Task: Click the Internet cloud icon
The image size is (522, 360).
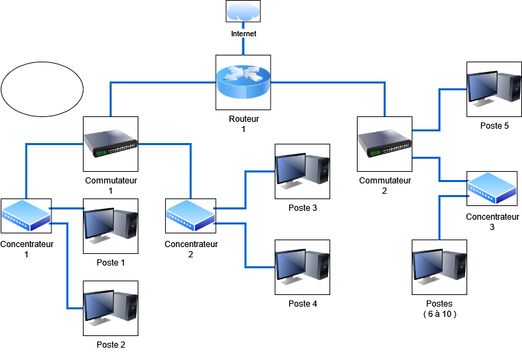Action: tap(243, 12)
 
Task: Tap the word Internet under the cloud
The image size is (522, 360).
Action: tap(243, 33)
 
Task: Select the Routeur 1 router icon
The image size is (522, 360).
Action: tap(243, 82)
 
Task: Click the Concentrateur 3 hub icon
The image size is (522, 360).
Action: tap(492, 188)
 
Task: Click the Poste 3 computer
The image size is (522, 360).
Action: tap(302, 171)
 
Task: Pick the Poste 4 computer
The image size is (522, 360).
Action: tap(302, 267)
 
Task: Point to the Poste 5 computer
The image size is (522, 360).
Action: tap(494, 89)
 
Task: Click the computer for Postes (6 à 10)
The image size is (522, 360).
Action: tap(439, 267)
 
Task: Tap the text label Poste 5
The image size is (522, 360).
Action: tap(494, 126)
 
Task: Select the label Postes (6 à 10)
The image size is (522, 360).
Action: tap(439, 309)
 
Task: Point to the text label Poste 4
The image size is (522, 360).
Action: tap(302, 304)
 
